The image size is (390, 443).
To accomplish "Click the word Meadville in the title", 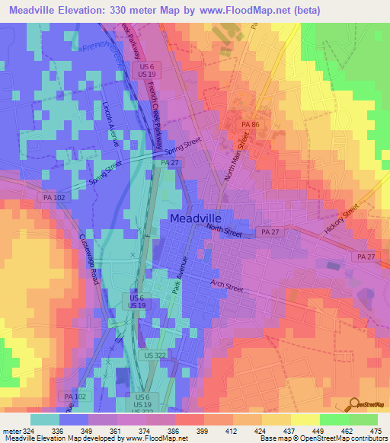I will point(36,10).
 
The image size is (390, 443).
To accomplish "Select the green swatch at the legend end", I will point(363,419).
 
